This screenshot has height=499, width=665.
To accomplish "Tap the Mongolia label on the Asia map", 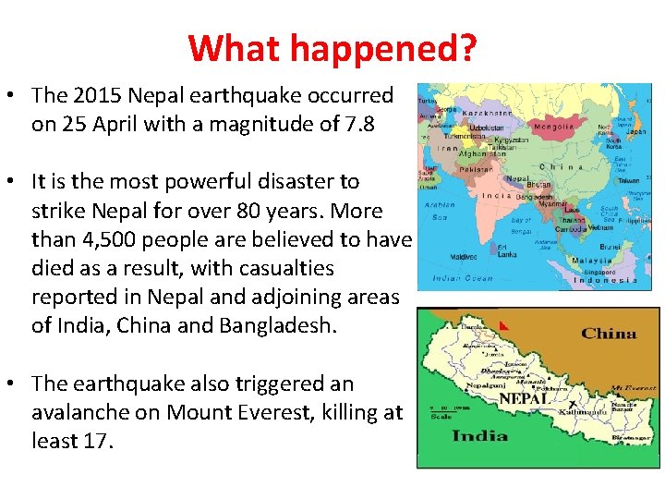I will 553,127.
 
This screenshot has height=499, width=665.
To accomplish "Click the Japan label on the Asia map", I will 636,131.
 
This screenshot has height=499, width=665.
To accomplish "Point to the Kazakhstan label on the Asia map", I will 487,110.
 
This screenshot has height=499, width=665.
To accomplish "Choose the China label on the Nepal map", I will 609,334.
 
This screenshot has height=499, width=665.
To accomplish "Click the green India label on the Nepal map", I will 478,435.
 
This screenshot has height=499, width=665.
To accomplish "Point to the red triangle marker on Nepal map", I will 503,325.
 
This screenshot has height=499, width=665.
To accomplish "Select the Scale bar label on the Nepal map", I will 441,417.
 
